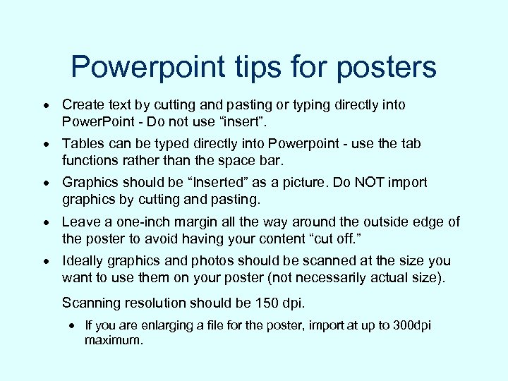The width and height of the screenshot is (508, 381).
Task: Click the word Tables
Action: pos(82,144)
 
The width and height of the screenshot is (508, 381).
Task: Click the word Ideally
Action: pos(84,260)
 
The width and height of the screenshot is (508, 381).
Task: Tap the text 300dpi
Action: pos(410,325)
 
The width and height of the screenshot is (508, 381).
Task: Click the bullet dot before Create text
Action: pos(46,106)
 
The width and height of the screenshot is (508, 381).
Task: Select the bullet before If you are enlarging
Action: pos(73,326)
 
